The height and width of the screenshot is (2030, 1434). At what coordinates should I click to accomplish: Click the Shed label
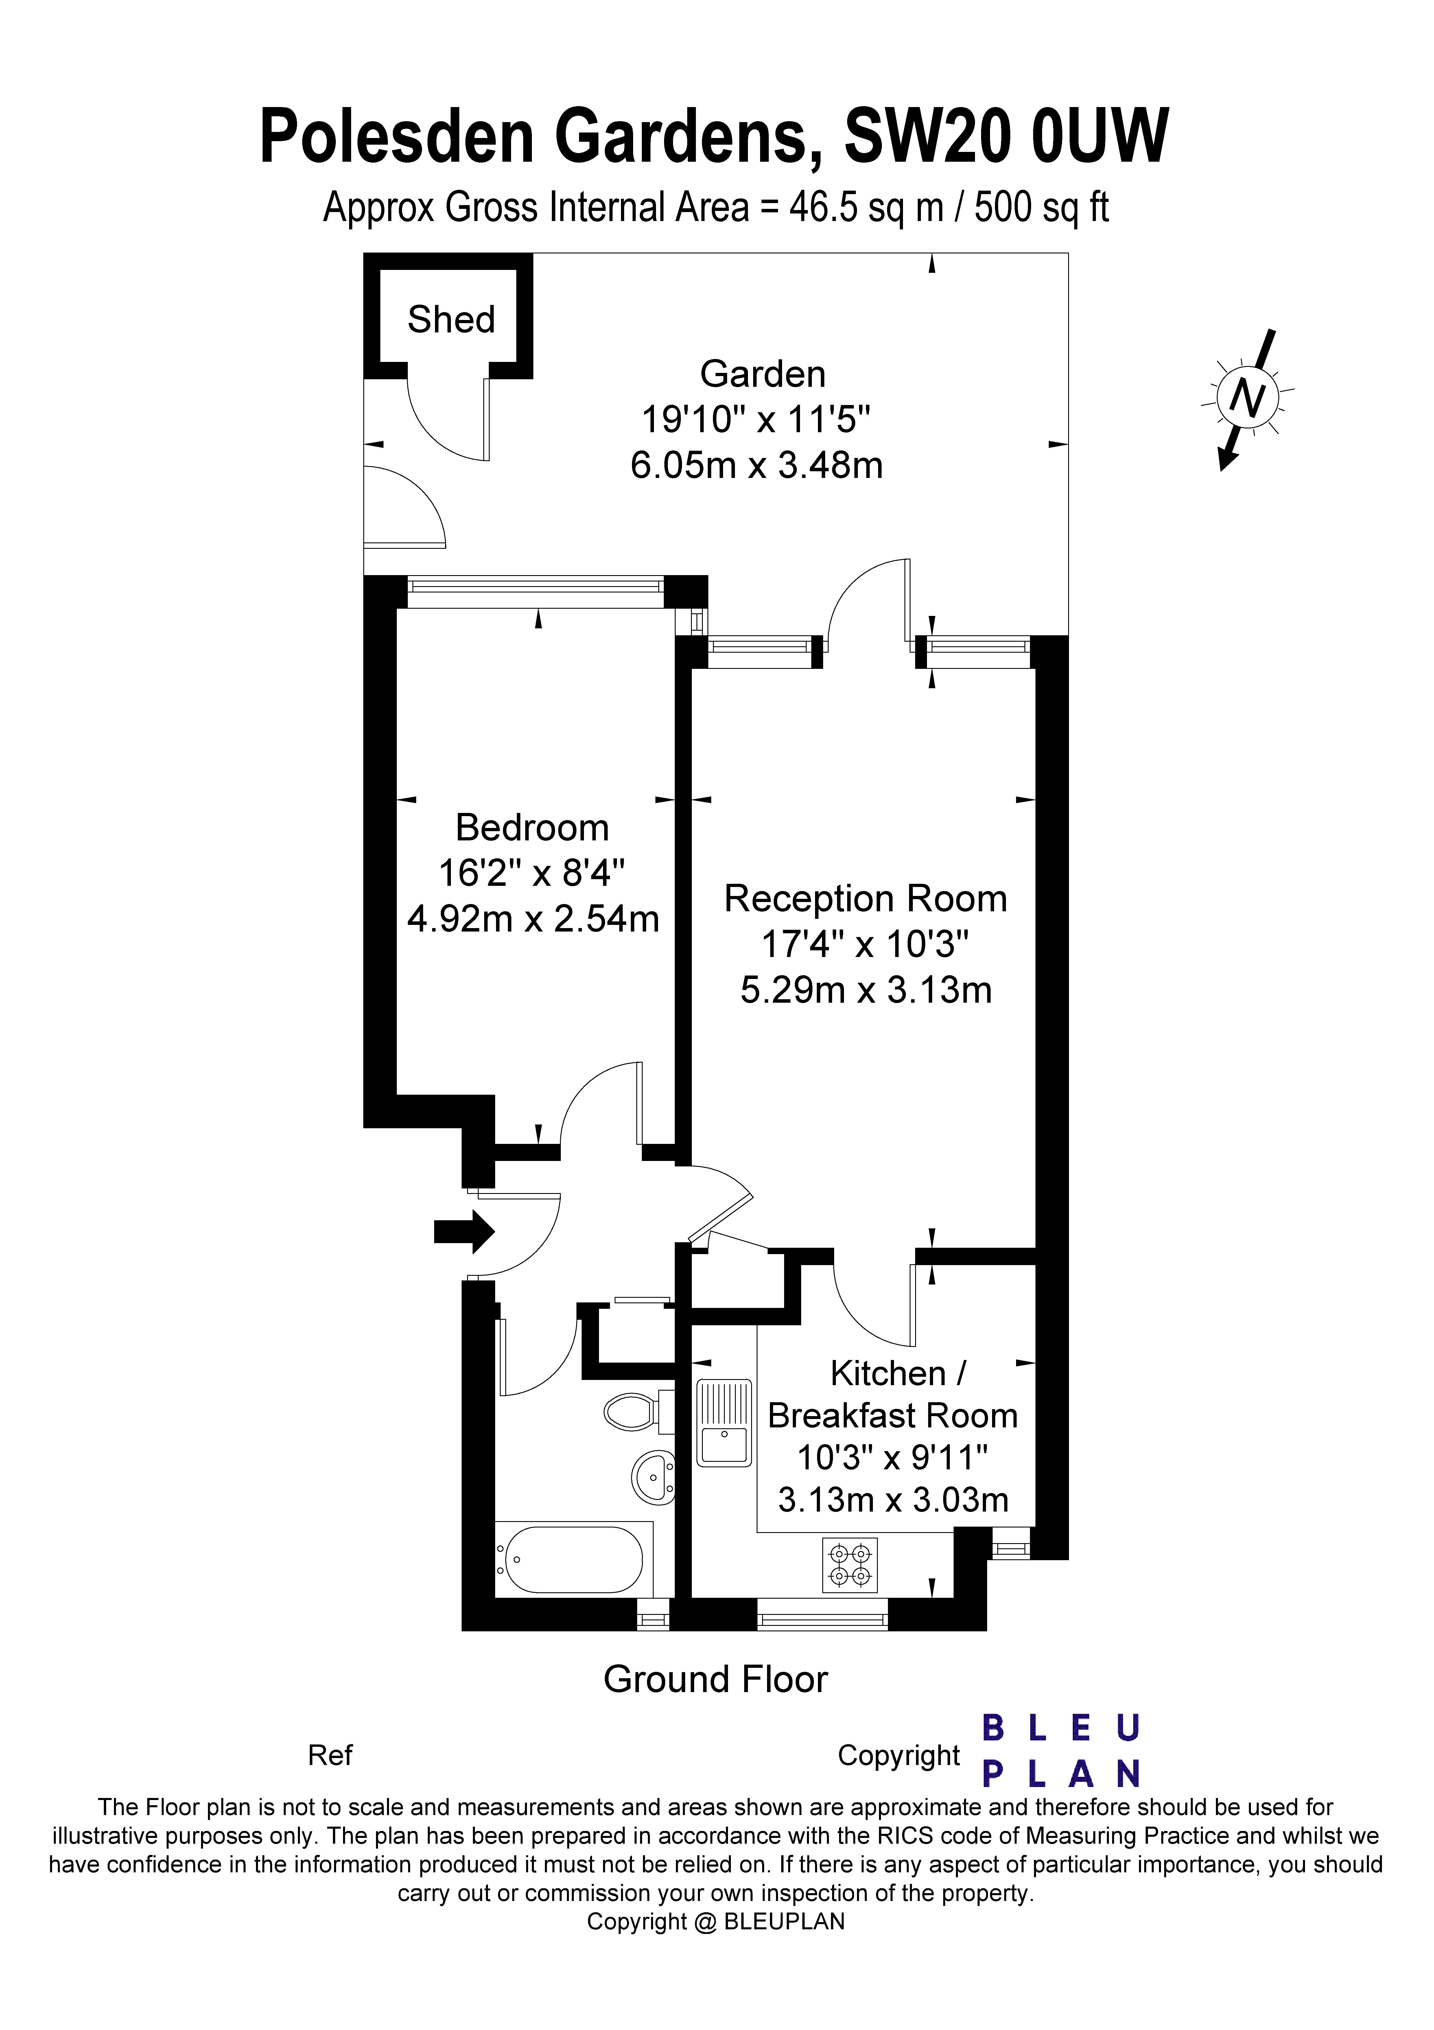coord(451,319)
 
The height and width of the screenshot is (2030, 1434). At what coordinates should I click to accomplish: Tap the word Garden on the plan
coord(762,374)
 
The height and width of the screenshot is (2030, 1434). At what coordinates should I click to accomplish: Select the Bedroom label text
coord(532,828)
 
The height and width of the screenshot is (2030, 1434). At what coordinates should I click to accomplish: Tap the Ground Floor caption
coord(715,1680)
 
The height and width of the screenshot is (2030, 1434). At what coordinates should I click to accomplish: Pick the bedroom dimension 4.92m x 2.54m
coord(533,919)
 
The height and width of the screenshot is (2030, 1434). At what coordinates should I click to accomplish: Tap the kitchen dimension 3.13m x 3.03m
coord(893,1499)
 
